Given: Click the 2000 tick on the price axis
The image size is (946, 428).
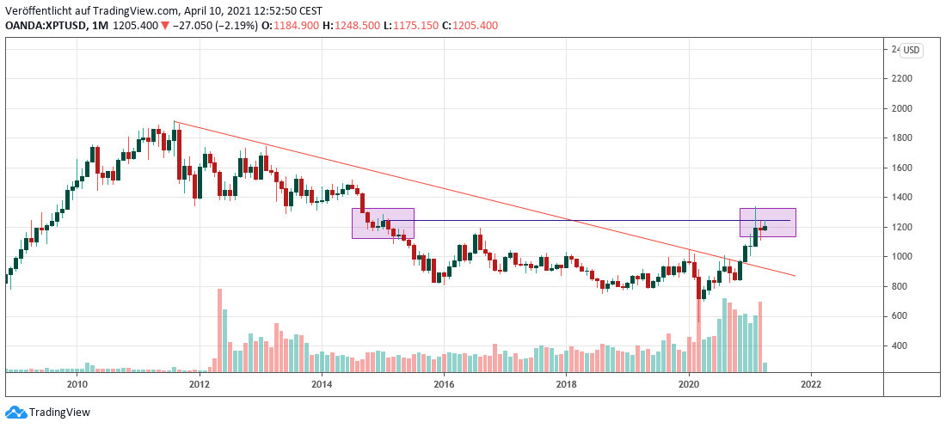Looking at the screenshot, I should (902, 108).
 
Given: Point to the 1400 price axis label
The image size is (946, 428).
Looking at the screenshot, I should (902, 198).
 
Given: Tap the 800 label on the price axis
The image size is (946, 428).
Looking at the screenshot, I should (900, 286).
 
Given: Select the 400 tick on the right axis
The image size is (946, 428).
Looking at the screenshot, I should (900, 345).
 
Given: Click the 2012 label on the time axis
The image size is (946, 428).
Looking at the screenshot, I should (200, 383).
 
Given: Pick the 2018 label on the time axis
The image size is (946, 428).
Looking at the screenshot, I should (566, 383).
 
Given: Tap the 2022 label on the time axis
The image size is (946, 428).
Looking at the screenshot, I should (810, 383).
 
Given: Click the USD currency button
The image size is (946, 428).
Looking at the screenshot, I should (912, 51).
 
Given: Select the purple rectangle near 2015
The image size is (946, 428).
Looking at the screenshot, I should (384, 223).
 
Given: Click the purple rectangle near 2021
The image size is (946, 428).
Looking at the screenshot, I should (767, 223).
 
